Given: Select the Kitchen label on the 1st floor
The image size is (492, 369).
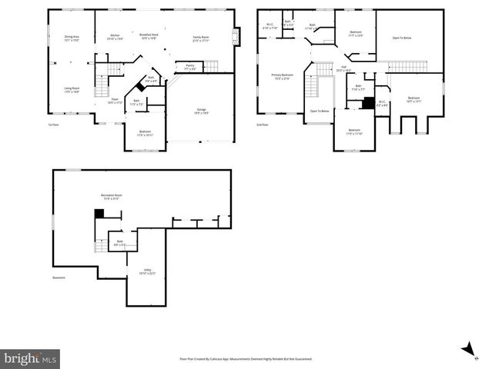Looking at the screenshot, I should click(115, 36).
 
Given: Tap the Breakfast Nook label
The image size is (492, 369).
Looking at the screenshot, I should click(149, 36).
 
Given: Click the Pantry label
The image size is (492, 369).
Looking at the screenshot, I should click(189, 68).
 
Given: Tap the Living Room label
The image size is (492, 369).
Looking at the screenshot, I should click(72, 89).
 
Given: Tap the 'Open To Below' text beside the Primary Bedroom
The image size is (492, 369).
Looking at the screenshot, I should click(320, 111).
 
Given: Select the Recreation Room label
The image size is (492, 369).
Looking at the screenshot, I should click(112, 197).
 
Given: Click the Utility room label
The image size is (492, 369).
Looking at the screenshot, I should click(146, 271).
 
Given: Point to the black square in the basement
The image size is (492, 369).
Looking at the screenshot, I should click(98, 214).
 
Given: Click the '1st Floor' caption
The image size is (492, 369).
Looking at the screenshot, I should click(54, 125).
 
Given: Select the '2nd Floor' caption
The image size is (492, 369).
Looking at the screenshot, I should click(263, 125).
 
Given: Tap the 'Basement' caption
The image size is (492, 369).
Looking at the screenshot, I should click(59, 278).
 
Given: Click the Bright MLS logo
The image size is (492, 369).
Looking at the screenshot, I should click(30, 358).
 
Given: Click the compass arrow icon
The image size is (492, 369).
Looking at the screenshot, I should click(467, 350).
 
